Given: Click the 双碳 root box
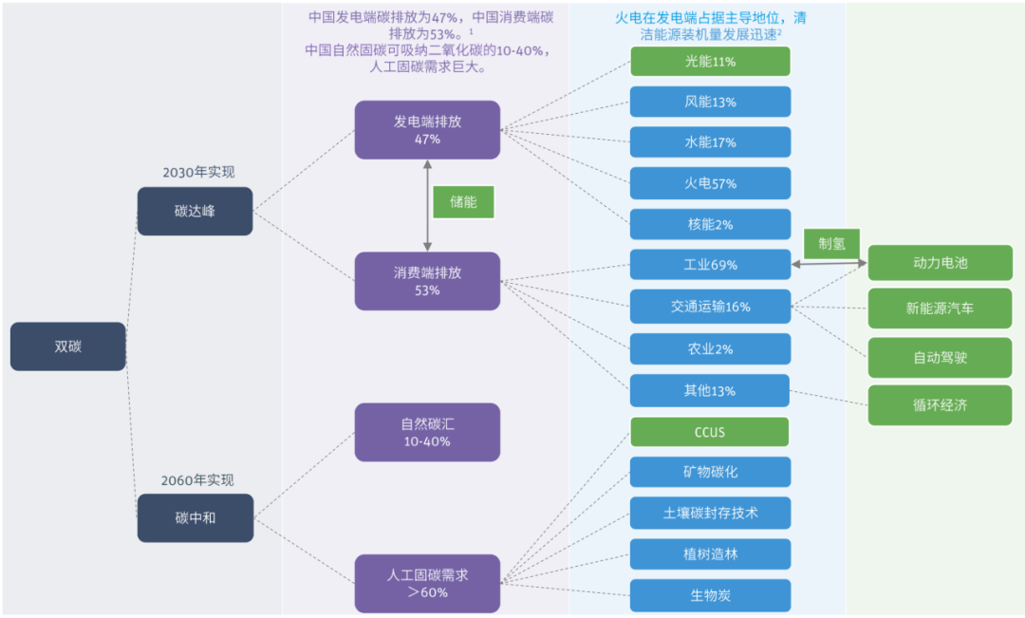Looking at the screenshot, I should [67, 346].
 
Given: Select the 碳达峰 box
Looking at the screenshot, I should [195, 211].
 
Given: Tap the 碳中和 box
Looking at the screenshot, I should [195, 517].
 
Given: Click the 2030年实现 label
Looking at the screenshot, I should [198, 172].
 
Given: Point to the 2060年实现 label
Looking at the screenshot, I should [197, 480].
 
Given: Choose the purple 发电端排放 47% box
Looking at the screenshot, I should [427, 130].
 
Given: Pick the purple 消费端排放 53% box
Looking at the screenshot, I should [427, 281].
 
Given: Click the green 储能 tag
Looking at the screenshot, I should [463, 201].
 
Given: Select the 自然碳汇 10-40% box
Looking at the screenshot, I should [427, 433].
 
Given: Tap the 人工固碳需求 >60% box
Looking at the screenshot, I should [427, 583].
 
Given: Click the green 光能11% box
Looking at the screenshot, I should [710, 62].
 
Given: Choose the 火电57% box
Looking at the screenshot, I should [710, 183].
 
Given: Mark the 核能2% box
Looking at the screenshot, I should [710, 224].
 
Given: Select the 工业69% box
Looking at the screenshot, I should [710, 265].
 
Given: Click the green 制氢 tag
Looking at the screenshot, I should [832, 242].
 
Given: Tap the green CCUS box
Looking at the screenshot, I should [710, 432].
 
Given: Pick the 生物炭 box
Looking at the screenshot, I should [710, 595].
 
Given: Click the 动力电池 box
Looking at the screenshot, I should [940, 262].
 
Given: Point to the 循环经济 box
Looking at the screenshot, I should [940, 405].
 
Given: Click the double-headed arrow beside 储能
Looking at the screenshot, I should [427, 205].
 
